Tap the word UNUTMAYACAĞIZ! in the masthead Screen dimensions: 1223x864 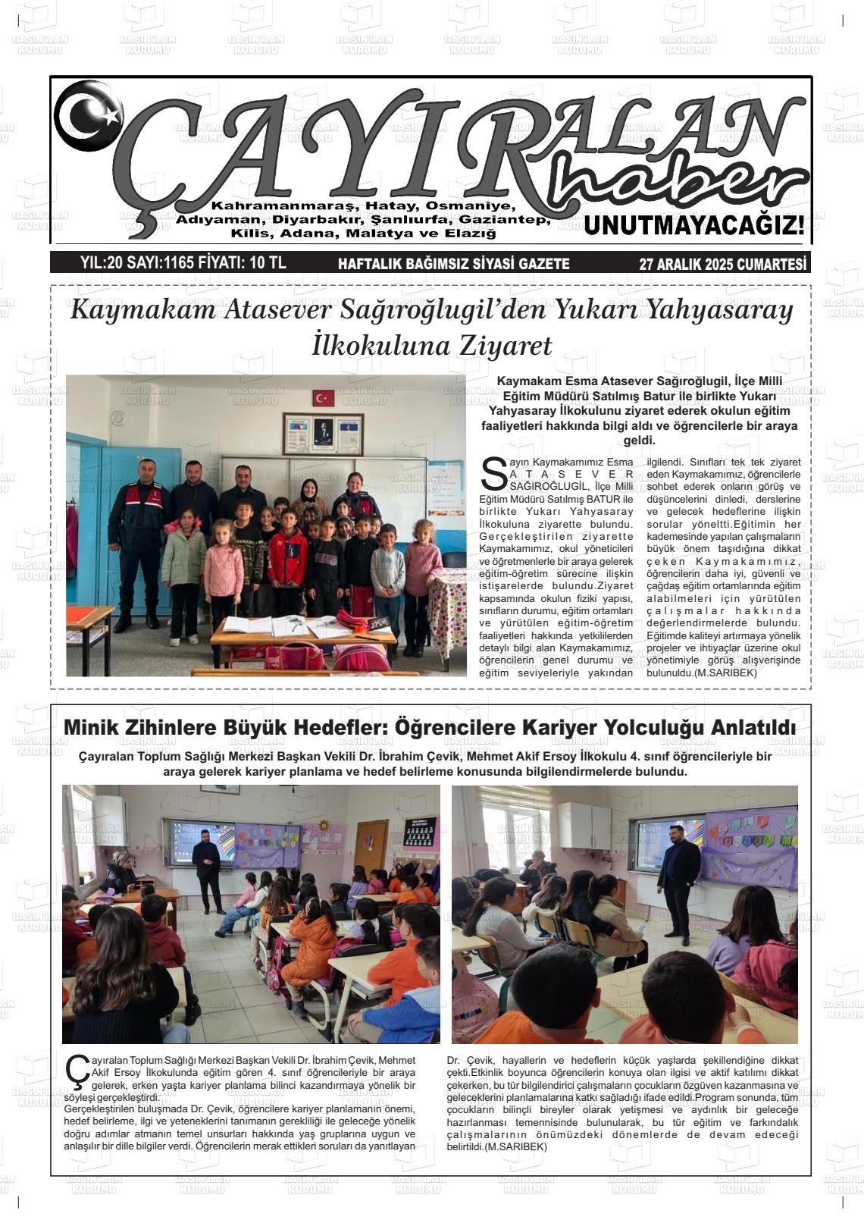(693, 225)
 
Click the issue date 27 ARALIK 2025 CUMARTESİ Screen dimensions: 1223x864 (723, 264)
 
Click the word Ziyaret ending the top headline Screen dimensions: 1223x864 (507, 346)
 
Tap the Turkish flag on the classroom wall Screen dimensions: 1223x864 (324, 398)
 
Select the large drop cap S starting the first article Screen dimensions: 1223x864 (493, 473)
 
